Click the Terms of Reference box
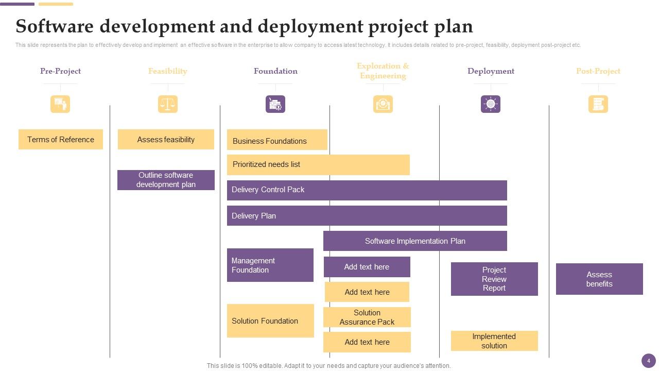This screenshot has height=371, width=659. (61, 139)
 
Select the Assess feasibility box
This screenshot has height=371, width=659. (166, 139)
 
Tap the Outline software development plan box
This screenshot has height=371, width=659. (166, 180)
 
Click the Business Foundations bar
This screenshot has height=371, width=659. (277, 140)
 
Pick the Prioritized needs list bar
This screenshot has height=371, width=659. (318, 164)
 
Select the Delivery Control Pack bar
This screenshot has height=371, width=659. (367, 190)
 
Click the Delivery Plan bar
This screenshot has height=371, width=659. (367, 215)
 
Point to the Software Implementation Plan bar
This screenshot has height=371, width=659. (415, 241)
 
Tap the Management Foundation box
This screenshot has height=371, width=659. (270, 265)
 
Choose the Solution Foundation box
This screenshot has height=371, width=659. (270, 321)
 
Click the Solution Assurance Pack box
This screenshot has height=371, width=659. (367, 317)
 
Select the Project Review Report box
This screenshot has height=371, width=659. (494, 279)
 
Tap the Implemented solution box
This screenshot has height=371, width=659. (494, 341)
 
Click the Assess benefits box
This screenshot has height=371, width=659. (599, 279)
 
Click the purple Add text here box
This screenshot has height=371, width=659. (367, 267)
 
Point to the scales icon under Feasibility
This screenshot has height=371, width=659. (167, 104)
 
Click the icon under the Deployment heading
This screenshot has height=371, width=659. (491, 104)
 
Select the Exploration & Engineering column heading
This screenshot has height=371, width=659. (383, 71)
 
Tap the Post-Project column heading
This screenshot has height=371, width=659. (598, 71)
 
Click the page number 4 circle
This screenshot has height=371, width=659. (649, 361)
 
